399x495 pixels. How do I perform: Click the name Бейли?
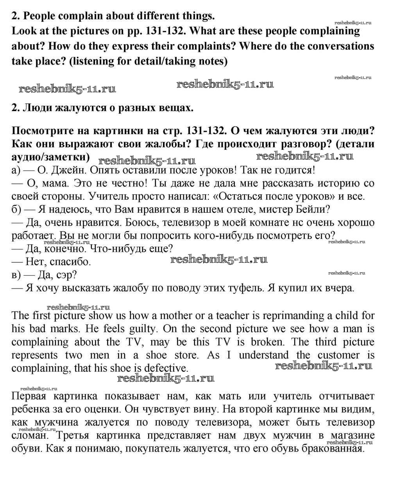(x=311, y=210)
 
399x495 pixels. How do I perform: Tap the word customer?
(x=338, y=355)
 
